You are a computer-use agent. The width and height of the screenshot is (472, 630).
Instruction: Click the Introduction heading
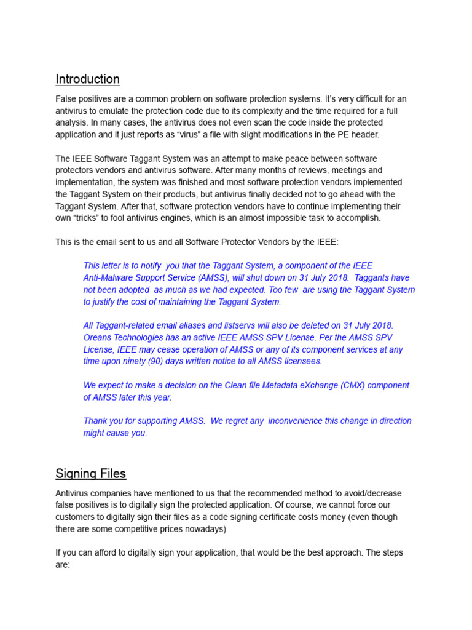pos(87,79)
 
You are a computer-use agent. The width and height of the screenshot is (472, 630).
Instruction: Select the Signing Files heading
pos(90,474)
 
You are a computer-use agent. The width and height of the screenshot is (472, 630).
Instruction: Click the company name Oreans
pos(98,338)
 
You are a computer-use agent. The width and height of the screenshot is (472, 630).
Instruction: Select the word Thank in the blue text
pos(96,421)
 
